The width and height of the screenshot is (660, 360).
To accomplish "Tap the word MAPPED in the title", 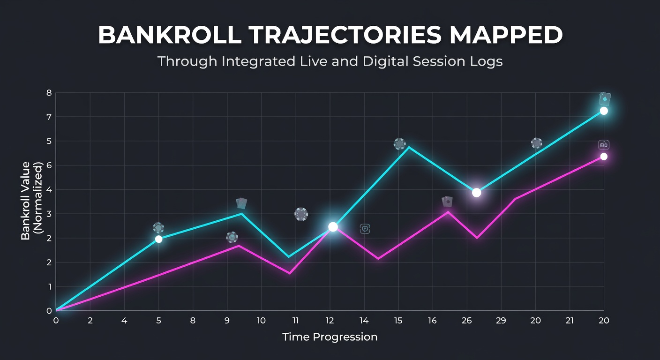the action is [x=506, y=35].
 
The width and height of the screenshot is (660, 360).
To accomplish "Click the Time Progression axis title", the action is [x=330, y=337].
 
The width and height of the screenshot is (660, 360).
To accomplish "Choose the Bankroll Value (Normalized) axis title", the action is [x=32, y=201].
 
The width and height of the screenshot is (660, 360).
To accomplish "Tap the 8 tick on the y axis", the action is [x=49, y=93].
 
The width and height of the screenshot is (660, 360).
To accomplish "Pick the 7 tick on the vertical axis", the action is [x=49, y=117].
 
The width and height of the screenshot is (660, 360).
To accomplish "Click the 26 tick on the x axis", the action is [x=467, y=321].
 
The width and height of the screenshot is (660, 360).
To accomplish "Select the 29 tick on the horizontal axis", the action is [x=501, y=321].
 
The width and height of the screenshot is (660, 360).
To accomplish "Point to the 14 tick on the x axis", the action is [x=364, y=321].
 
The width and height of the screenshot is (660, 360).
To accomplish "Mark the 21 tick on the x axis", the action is [x=570, y=321].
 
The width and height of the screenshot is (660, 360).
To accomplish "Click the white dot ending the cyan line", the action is [x=604, y=111].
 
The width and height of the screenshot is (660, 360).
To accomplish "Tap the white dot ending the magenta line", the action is [x=604, y=157].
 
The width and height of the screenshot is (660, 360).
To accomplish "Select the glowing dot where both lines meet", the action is [x=333, y=227].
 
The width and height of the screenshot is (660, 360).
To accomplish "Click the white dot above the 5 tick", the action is [x=158, y=239].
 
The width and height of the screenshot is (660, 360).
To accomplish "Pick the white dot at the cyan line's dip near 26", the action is [x=476, y=193].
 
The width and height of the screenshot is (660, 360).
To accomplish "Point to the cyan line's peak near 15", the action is [x=409, y=147].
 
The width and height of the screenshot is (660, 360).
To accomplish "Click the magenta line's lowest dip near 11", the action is [x=290, y=274].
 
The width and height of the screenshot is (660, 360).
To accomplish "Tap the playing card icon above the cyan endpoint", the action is [x=605, y=99].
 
